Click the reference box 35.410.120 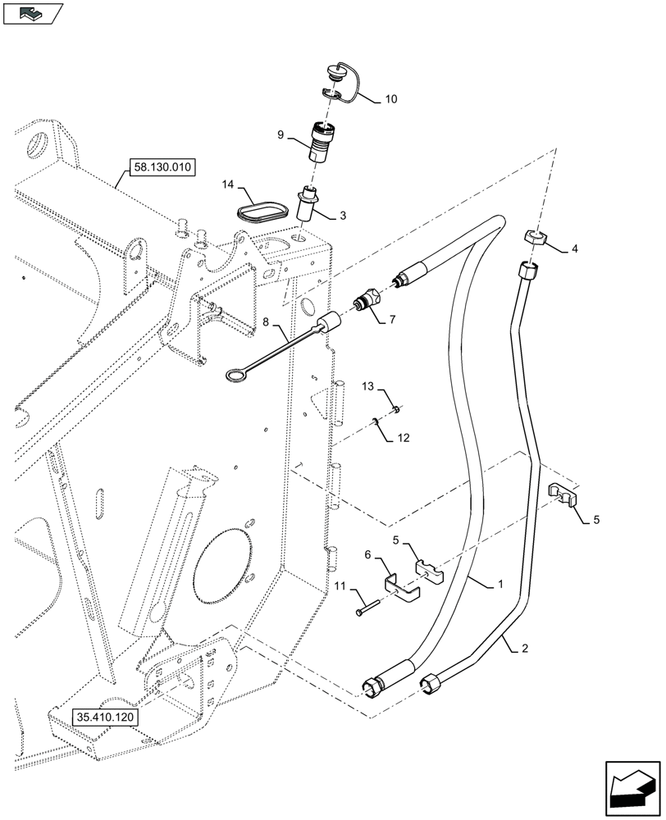click(x=105, y=716)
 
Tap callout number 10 click(x=390, y=100)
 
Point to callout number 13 click(x=368, y=385)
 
